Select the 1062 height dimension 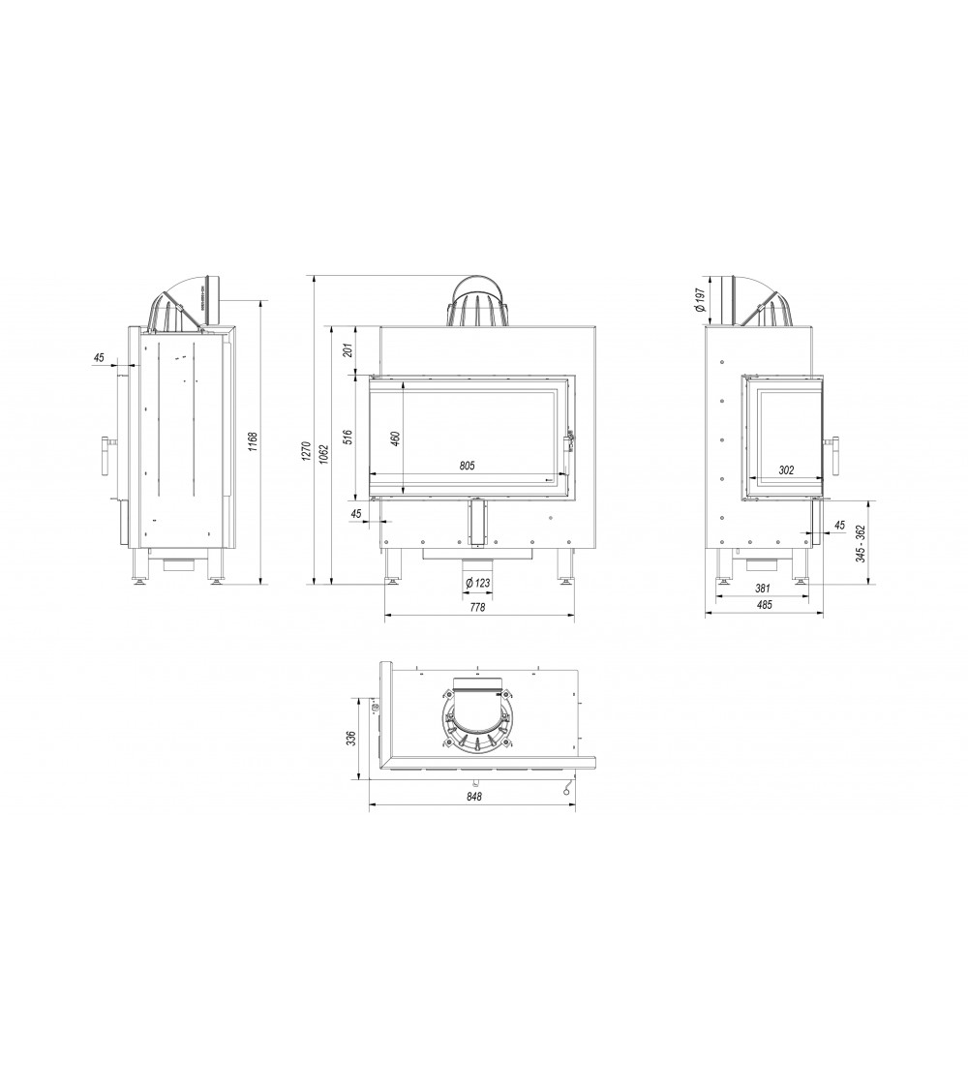324,454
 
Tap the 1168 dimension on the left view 254,442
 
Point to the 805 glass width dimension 468,466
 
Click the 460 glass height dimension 395,439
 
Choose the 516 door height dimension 348,437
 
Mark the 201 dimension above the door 348,349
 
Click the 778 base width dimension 477,607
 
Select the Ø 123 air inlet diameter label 478,584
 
